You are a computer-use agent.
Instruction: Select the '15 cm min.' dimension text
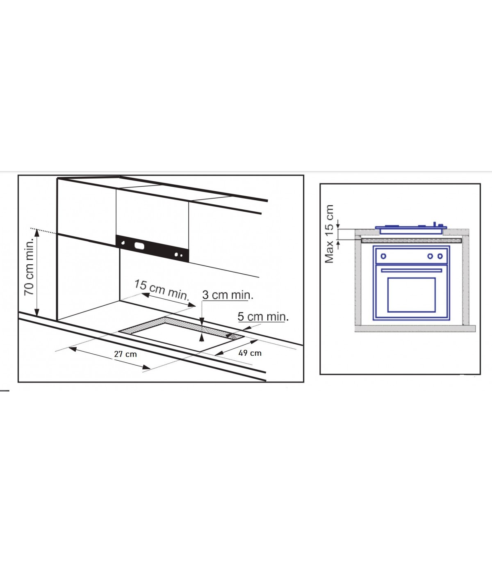(162, 290)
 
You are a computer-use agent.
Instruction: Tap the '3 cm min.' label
(228, 295)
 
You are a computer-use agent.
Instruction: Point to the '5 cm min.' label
(263, 316)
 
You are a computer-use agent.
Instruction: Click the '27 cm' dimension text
(125, 354)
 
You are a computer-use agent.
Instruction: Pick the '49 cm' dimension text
(250, 353)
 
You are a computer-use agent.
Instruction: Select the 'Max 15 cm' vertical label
(329, 234)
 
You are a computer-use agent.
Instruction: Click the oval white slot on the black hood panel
(139, 246)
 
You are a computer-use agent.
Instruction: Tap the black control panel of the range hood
(152, 249)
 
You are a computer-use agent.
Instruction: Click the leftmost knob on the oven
(383, 256)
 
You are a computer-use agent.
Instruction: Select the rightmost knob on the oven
(440, 256)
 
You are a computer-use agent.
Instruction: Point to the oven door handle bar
(411, 270)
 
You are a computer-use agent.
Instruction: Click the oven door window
(412, 295)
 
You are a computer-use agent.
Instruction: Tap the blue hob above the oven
(411, 229)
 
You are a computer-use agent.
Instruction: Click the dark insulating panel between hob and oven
(412, 241)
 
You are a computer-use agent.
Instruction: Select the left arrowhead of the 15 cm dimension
(146, 295)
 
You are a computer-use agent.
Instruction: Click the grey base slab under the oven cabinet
(415, 328)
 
